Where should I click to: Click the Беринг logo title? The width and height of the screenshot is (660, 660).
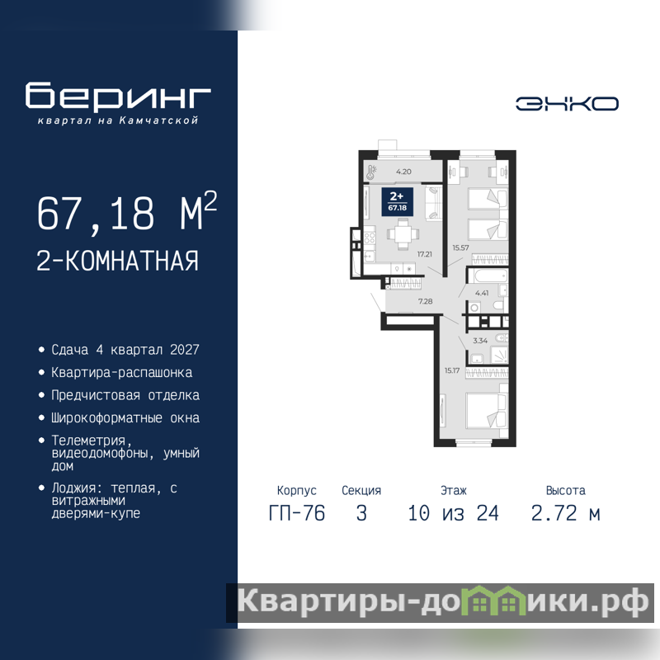118,95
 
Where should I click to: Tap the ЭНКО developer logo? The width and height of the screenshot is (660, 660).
567,104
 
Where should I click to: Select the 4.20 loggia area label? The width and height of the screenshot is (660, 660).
403,172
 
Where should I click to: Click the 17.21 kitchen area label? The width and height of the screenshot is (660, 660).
425,254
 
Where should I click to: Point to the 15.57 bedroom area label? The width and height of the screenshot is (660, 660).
461,248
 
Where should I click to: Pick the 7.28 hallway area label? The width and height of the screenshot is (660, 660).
425,301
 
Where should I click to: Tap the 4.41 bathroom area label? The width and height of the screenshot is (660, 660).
482,293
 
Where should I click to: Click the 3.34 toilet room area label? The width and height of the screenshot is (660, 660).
480,341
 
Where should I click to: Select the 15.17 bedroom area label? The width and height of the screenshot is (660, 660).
452,370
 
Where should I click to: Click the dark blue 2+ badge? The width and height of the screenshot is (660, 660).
397,201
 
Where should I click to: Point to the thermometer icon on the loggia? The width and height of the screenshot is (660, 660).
371,172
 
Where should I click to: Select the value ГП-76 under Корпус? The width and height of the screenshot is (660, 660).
297,513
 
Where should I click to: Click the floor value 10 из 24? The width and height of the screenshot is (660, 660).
453,513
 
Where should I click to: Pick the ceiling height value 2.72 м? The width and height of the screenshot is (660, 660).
565,513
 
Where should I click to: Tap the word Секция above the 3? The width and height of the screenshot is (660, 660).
361,490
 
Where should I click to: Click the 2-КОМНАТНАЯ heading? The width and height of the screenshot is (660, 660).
117,261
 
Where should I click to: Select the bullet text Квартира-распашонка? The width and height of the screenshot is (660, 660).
121,373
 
